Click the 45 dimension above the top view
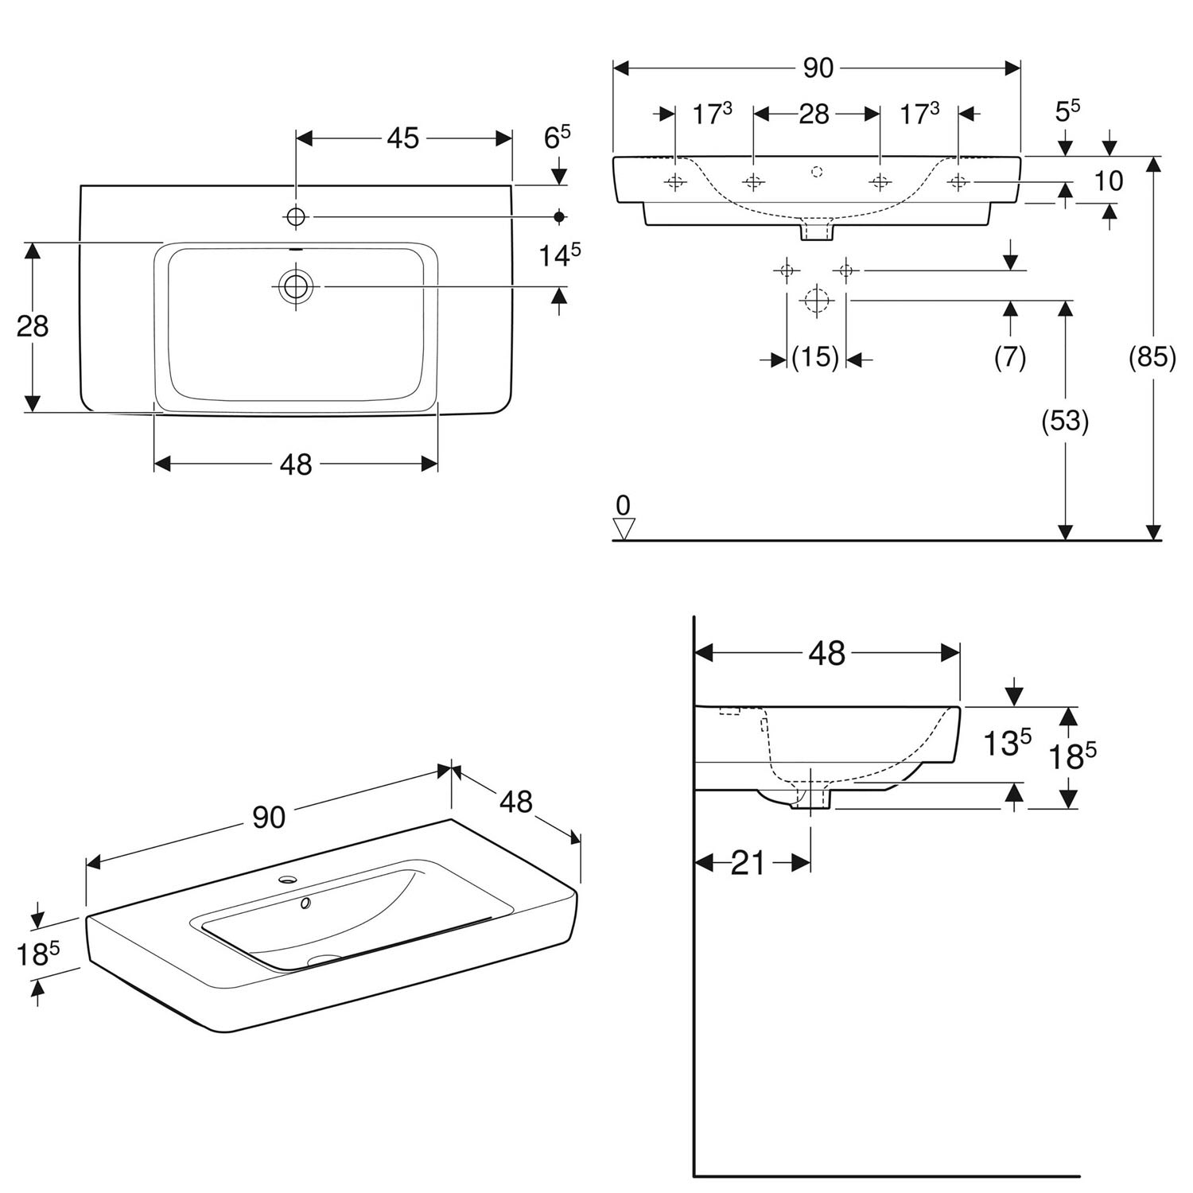(x=402, y=138)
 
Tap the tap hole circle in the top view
(x=297, y=216)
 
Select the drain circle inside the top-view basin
(x=297, y=286)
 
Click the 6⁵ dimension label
(x=557, y=138)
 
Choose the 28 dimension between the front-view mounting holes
(x=814, y=114)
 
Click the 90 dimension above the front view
(x=818, y=68)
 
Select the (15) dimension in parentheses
(x=815, y=358)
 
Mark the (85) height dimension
(x=1152, y=357)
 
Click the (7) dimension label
(x=1010, y=357)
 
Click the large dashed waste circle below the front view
(x=815, y=301)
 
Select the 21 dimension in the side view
(x=747, y=862)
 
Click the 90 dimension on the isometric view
(x=269, y=817)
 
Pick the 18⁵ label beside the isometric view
(x=38, y=953)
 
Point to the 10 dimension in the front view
(x=1108, y=181)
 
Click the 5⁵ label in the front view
(x=1067, y=111)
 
